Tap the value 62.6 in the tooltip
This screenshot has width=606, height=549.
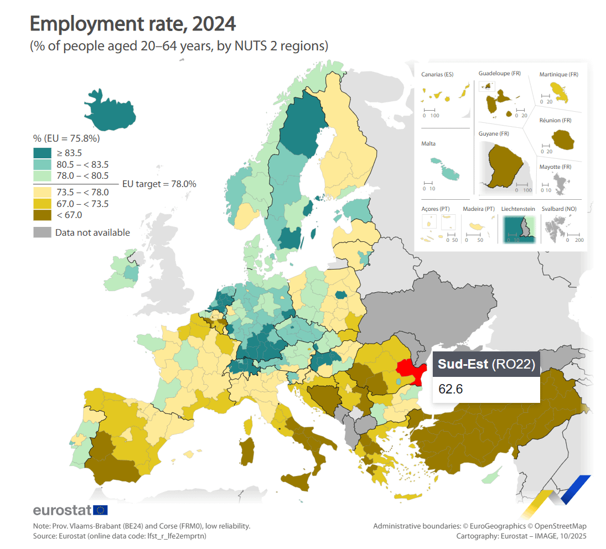(450, 389)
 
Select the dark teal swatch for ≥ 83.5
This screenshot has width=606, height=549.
(42, 153)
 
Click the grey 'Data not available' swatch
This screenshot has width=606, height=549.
(42, 232)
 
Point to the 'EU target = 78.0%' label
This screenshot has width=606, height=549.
(159, 184)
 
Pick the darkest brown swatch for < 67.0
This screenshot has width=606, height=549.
(42, 215)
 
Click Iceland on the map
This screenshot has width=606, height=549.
(110, 111)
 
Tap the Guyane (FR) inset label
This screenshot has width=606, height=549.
(494, 134)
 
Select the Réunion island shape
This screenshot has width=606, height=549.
(562, 139)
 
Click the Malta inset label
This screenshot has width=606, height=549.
(428, 143)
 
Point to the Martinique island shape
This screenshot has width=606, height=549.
(560, 93)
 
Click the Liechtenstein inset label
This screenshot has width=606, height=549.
(518, 209)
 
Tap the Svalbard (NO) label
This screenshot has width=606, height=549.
(559, 209)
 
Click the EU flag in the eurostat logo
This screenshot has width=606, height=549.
(101, 510)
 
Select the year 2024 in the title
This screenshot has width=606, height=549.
(214, 24)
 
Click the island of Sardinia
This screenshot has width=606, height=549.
(247, 451)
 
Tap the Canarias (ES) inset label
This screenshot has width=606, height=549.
(437, 74)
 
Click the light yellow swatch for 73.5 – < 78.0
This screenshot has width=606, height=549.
(42, 192)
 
